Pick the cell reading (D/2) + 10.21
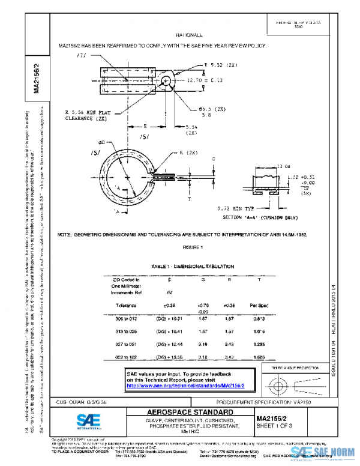point(169,318)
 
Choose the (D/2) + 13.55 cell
point(169,357)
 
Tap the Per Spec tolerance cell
point(259,306)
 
